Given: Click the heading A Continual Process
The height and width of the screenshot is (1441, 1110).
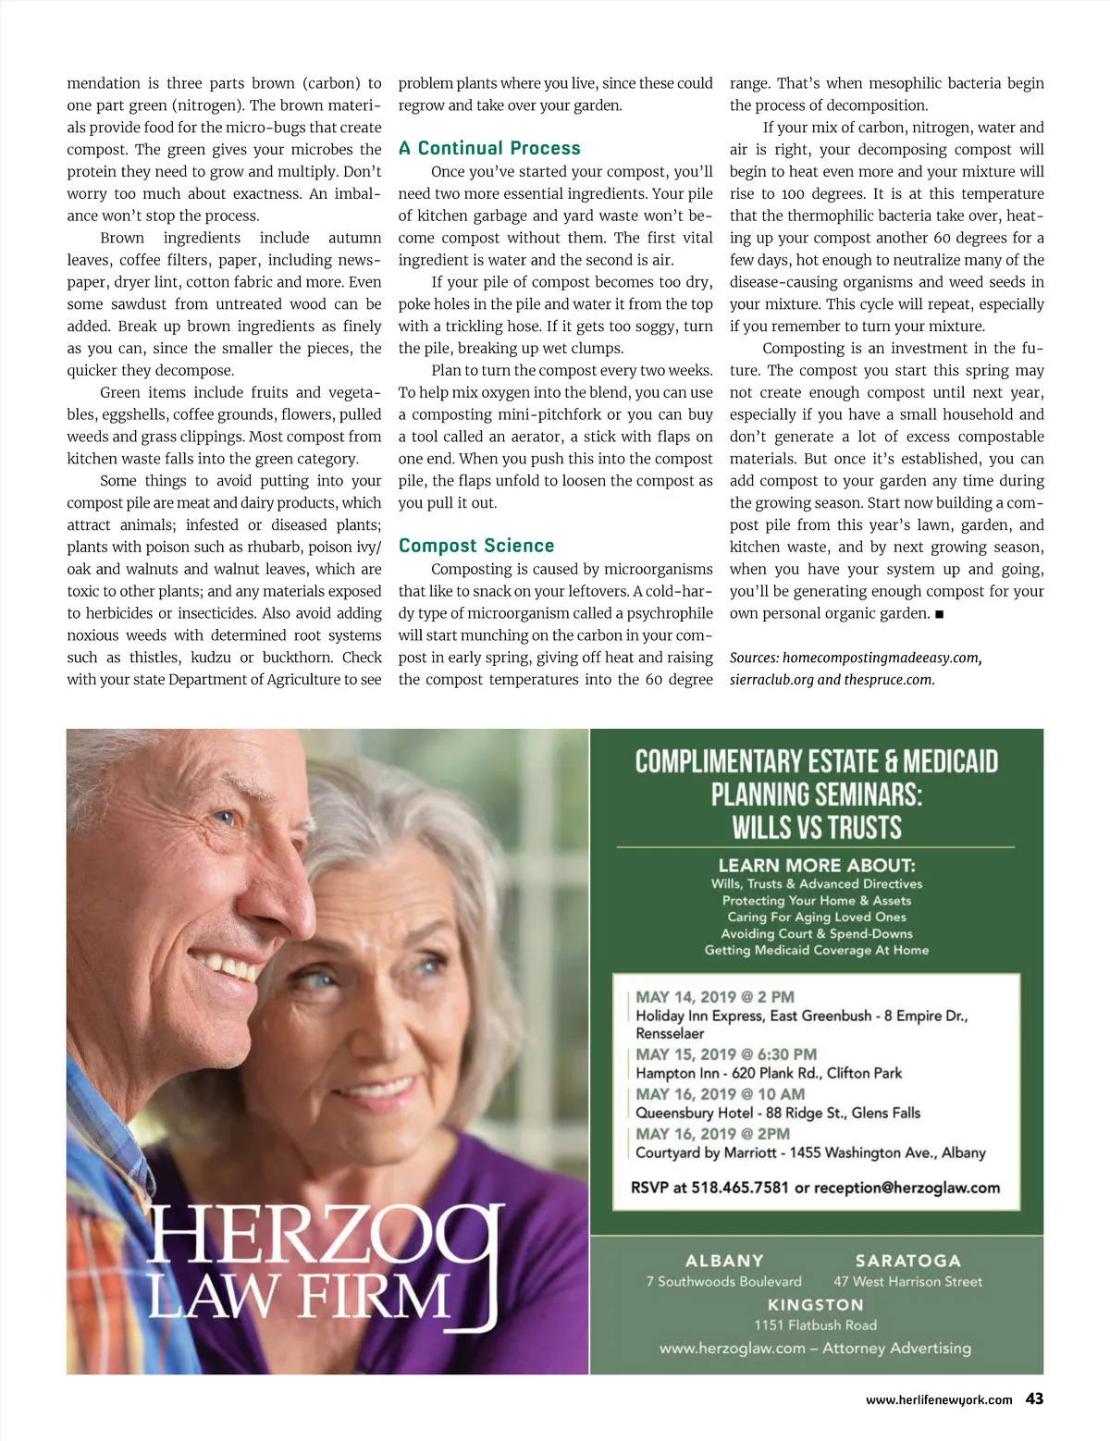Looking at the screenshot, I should pyautogui.click(x=489, y=148).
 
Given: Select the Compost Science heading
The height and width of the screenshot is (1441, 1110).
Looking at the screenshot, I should pyautogui.click(x=476, y=546).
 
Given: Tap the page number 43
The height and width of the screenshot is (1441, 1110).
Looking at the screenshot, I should pyautogui.click(x=1034, y=1398).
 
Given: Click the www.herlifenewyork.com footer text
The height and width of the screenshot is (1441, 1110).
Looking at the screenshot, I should pyautogui.click(x=939, y=1400).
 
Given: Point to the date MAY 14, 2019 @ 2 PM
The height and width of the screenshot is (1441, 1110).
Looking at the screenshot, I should pyautogui.click(x=715, y=997).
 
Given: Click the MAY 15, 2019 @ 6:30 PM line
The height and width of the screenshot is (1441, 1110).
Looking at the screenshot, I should pyautogui.click(x=726, y=1054).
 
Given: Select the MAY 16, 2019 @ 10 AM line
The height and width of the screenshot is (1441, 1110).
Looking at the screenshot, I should pyautogui.click(x=720, y=1094).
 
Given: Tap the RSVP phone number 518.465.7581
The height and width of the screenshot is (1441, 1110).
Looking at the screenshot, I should pyautogui.click(x=740, y=1188).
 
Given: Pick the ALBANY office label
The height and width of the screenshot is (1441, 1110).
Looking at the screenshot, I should pyautogui.click(x=724, y=1261).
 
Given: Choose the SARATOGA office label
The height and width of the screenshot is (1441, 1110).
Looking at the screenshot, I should pyautogui.click(x=907, y=1261).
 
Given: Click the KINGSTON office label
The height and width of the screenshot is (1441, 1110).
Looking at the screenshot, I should pyautogui.click(x=815, y=1305).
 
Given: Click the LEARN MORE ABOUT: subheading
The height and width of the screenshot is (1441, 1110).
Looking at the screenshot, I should pyautogui.click(x=817, y=866).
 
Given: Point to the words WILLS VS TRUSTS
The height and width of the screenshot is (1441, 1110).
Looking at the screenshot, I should pyautogui.click(x=817, y=827).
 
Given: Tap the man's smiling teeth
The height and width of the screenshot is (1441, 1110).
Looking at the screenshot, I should pyautogui.click(x=225, y=967).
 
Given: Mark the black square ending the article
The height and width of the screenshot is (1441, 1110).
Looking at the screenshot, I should pyautogui.click(x=939, y=614).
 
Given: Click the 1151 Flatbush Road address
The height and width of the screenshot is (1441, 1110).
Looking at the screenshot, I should pyautogui.click(x=815, y=1325).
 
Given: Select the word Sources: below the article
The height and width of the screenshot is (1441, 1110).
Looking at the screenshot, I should pyautogui.click(x=754, y=658).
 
